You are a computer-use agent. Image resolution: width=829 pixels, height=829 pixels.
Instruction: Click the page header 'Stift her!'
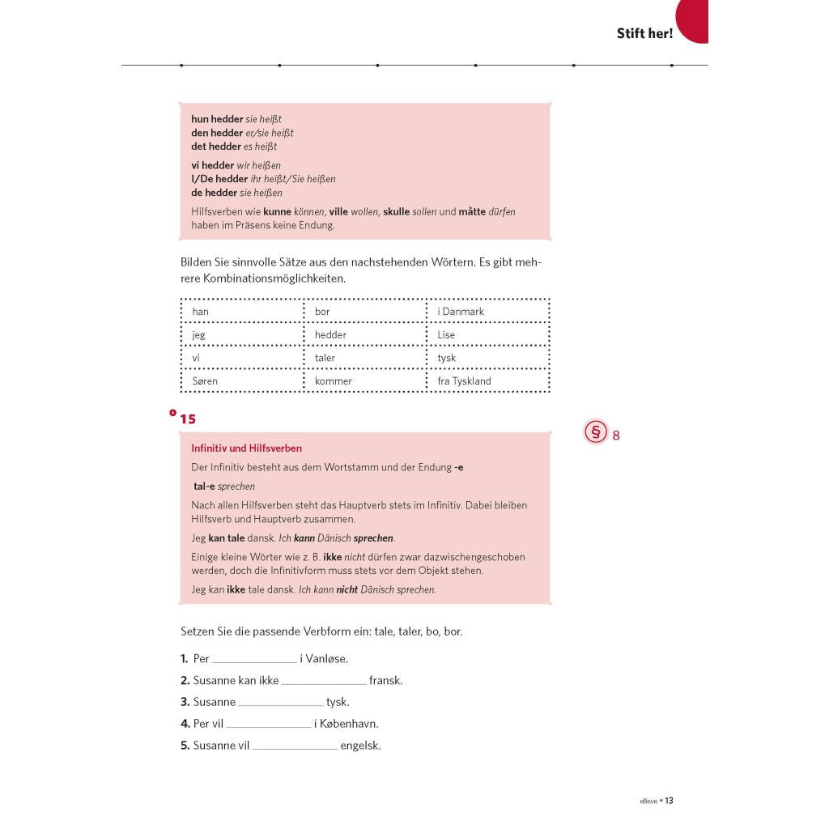click(644, 34)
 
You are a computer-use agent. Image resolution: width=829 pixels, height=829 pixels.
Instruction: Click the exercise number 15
click(188, 419)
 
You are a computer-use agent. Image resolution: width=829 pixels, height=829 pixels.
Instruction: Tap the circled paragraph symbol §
click(596, 433)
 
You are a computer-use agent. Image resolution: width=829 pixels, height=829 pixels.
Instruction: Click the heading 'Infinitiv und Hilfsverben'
click(246, 449)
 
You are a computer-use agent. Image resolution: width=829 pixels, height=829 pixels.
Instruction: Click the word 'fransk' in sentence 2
click(385, 681)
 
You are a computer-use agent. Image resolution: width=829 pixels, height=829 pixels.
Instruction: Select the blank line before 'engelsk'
click(295, 747)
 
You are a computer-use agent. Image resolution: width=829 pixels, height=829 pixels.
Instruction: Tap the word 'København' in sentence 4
click(349, 725)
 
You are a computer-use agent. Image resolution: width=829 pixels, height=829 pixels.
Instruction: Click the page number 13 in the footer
click(670, 801)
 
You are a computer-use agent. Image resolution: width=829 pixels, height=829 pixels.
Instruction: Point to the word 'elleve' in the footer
click(648, 801)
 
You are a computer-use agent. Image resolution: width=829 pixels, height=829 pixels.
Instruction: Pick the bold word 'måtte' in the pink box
click(472, 212)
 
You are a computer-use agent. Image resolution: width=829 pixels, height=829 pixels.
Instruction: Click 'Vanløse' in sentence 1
click(326, 659)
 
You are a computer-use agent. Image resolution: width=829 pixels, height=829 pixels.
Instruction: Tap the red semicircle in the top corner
click(694, 19)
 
